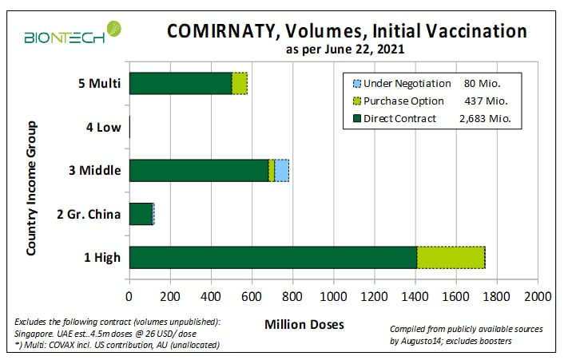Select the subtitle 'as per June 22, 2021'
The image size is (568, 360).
[x=346, y=50]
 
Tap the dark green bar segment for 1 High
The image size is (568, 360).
[x=272, y=257]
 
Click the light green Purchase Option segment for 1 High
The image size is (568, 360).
[x=451, y=257]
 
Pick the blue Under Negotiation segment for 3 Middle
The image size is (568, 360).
[x=282, y=170]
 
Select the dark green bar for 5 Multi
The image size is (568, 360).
[x=180, y=83]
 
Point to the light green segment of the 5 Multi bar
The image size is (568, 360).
[x=240, y=83]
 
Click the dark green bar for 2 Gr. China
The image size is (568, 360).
[x=140, y=214]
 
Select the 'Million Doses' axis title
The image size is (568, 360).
[x=304, y=325]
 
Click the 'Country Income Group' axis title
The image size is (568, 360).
[x=31, y=188]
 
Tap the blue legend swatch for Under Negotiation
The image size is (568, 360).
[x=355, y=83]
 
